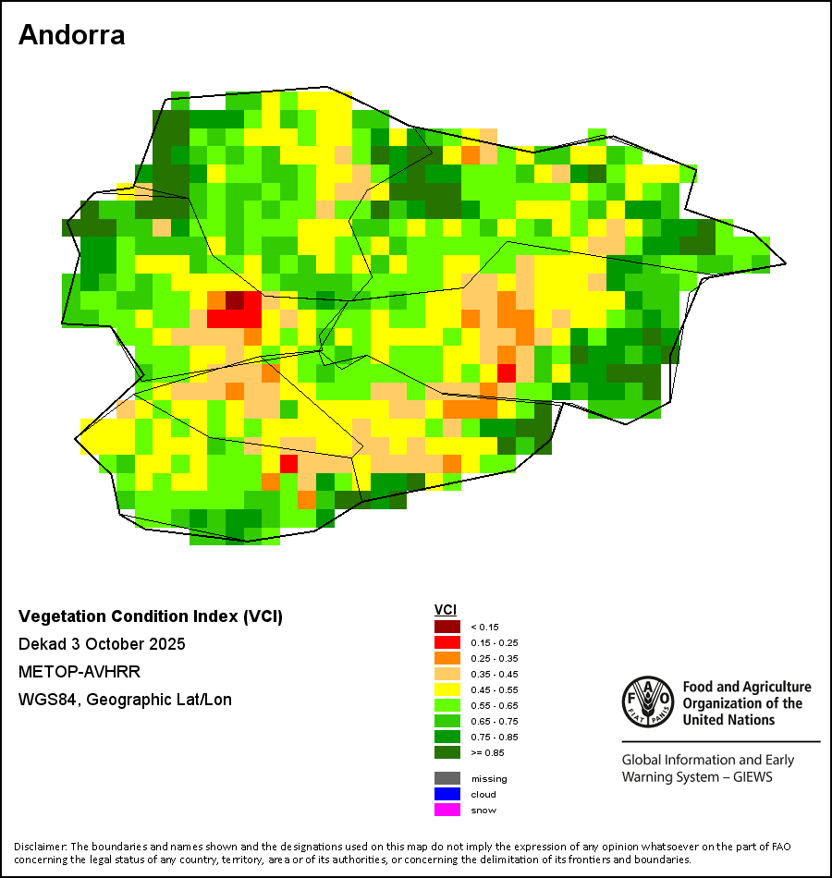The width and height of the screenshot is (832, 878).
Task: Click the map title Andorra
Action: point(72,35)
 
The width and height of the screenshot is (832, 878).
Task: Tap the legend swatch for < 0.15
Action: point(447,627)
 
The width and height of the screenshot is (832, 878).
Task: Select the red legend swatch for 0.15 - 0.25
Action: point(447,642)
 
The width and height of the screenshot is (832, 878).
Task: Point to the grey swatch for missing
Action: point(447,778)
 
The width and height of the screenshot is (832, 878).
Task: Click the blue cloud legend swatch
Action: point(447,794)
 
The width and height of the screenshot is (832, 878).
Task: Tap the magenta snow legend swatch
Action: point(447,810)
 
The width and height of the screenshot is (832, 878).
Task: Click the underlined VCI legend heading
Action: point(446,609)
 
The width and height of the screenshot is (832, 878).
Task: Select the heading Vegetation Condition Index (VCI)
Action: point(151,616)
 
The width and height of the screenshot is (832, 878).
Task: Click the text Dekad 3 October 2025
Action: point(102,644)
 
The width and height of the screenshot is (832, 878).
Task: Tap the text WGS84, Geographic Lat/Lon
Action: point(125,700)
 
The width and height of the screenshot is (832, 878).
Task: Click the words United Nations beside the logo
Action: point(728,720)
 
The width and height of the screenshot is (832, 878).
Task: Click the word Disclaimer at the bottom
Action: point(39,847)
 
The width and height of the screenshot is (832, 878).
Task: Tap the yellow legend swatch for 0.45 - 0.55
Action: point(447,689)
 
